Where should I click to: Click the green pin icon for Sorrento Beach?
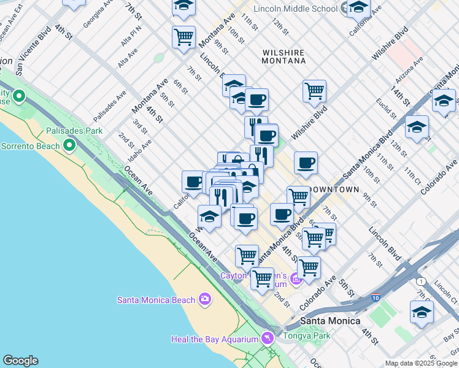(69, 145)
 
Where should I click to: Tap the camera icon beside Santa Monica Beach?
(205, 299)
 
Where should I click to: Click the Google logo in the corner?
(20, 361)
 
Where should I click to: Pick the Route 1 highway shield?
(420, 281)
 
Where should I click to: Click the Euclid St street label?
(388, 108)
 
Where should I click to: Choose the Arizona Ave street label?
(409, 71)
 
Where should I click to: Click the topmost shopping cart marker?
(183, 38)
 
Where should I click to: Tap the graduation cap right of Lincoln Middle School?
(358, 9)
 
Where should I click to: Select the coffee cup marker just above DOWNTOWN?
(306, 164)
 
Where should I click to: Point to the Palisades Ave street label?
(109, 106)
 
